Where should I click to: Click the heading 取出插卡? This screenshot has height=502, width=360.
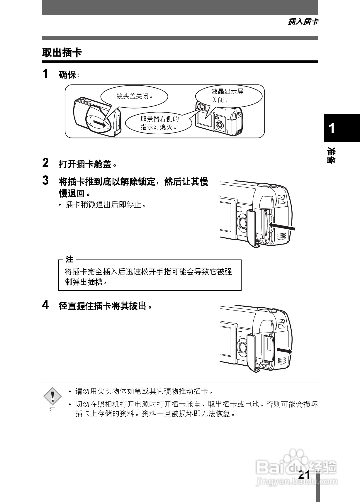pyautogui.click(x=62, y=53)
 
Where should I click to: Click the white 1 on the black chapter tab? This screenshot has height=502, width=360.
pyautogui.click(x=332, y=128)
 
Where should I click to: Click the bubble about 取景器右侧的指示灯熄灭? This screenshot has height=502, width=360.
pyautogui.click(x=159, y=123)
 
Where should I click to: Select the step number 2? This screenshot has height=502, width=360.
pyautogui.click(x=45, y=163)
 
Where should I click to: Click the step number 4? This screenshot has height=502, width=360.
pyautogui.click(x=45, y=305)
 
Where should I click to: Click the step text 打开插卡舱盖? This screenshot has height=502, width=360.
pyautogui.click(x=87, y=164)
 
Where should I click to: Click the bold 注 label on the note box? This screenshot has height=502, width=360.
pyautogui.click(x=69, y=260)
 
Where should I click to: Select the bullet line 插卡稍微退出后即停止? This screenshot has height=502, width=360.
pyautogui.click(x=106, y=205)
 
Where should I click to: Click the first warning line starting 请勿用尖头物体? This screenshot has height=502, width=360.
pyautogui.click(x=144, y=391)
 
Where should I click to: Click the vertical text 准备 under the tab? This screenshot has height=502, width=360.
pyautogui.click(x=332, y=155)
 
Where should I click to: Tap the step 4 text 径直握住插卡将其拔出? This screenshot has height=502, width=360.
pyautogui.click(x=105, y=306)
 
